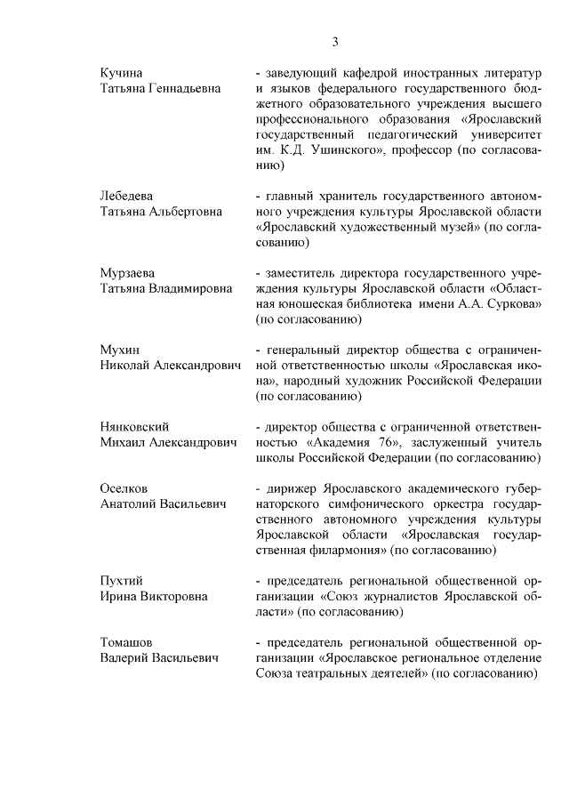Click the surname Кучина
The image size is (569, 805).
[x=120, y=71]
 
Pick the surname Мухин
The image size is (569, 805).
[x=118, y=350]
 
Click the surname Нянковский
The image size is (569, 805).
[x=133, y=427]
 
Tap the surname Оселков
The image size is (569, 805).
[x=124, y=488]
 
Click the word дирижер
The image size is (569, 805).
[x=289, y=488]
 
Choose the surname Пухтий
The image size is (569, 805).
[x=120, y=581]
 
